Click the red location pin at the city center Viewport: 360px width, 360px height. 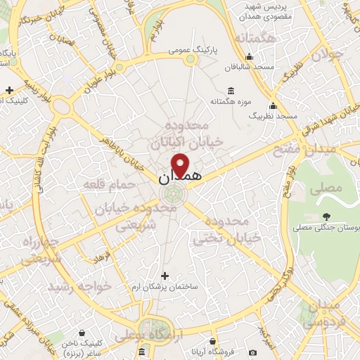click(x=181, y=165)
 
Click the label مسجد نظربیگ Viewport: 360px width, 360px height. click(x=274, y=115)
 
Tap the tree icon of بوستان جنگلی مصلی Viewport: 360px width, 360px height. click(x=325, y=217)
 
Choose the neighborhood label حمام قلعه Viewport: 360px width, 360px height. click(x=109, y=184)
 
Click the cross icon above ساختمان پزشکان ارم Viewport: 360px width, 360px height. click(x=165, y=276)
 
